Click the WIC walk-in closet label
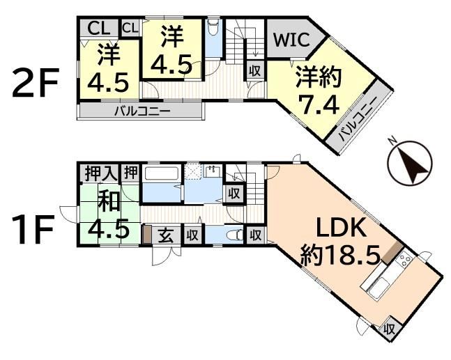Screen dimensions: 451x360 [291, 40]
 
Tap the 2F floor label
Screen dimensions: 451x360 [36, 83]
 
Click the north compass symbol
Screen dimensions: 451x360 [410, 163]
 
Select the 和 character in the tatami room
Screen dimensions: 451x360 [109, 201]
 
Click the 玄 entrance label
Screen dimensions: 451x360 [166, 235]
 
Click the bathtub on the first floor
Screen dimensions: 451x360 [161, 174]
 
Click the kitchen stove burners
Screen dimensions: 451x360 [404, 260]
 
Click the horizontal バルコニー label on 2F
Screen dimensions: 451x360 [143, 111]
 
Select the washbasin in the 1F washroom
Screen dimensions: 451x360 [213, 171]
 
